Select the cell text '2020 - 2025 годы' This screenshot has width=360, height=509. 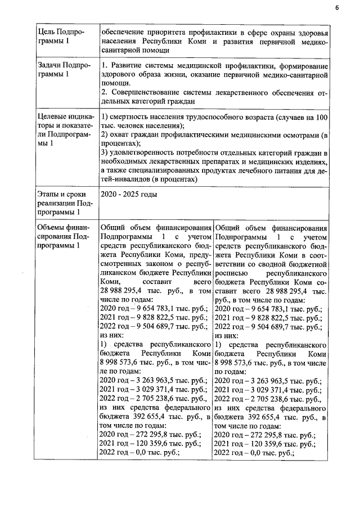[128, 195]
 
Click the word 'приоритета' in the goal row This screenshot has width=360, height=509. [169, 31]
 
